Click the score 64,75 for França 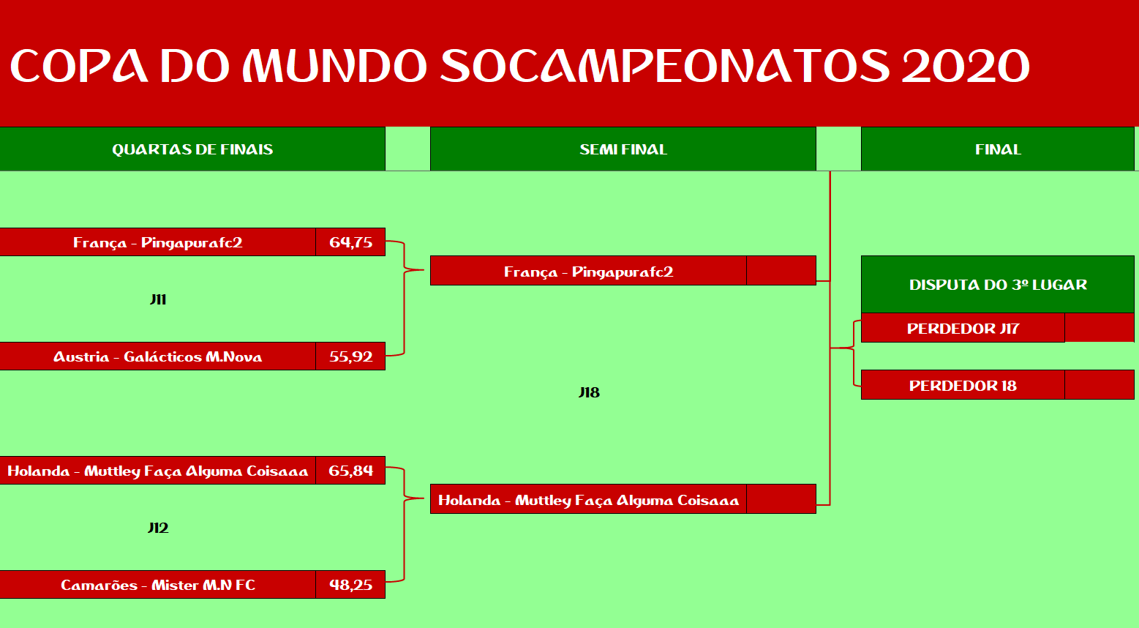(350, 242)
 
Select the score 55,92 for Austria (350, 356)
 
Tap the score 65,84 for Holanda (350, 471)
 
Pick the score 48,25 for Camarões (350, 585)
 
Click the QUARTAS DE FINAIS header (192, 149)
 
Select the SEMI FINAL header (623, 149)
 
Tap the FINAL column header (998, 149)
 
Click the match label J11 (158, 299)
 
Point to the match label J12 (158, 528)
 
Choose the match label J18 (589, 392)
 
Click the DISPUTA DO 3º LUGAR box (998, 284)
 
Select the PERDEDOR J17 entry (963, 328)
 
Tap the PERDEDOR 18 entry (963, 385)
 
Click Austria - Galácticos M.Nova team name (157, 356)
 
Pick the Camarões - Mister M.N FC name (157, 585)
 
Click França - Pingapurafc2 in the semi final (588, 272)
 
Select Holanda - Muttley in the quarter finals (157, 471)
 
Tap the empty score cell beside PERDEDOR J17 (1099, 328)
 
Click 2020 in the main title (966, 66)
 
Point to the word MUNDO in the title (334, 66)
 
